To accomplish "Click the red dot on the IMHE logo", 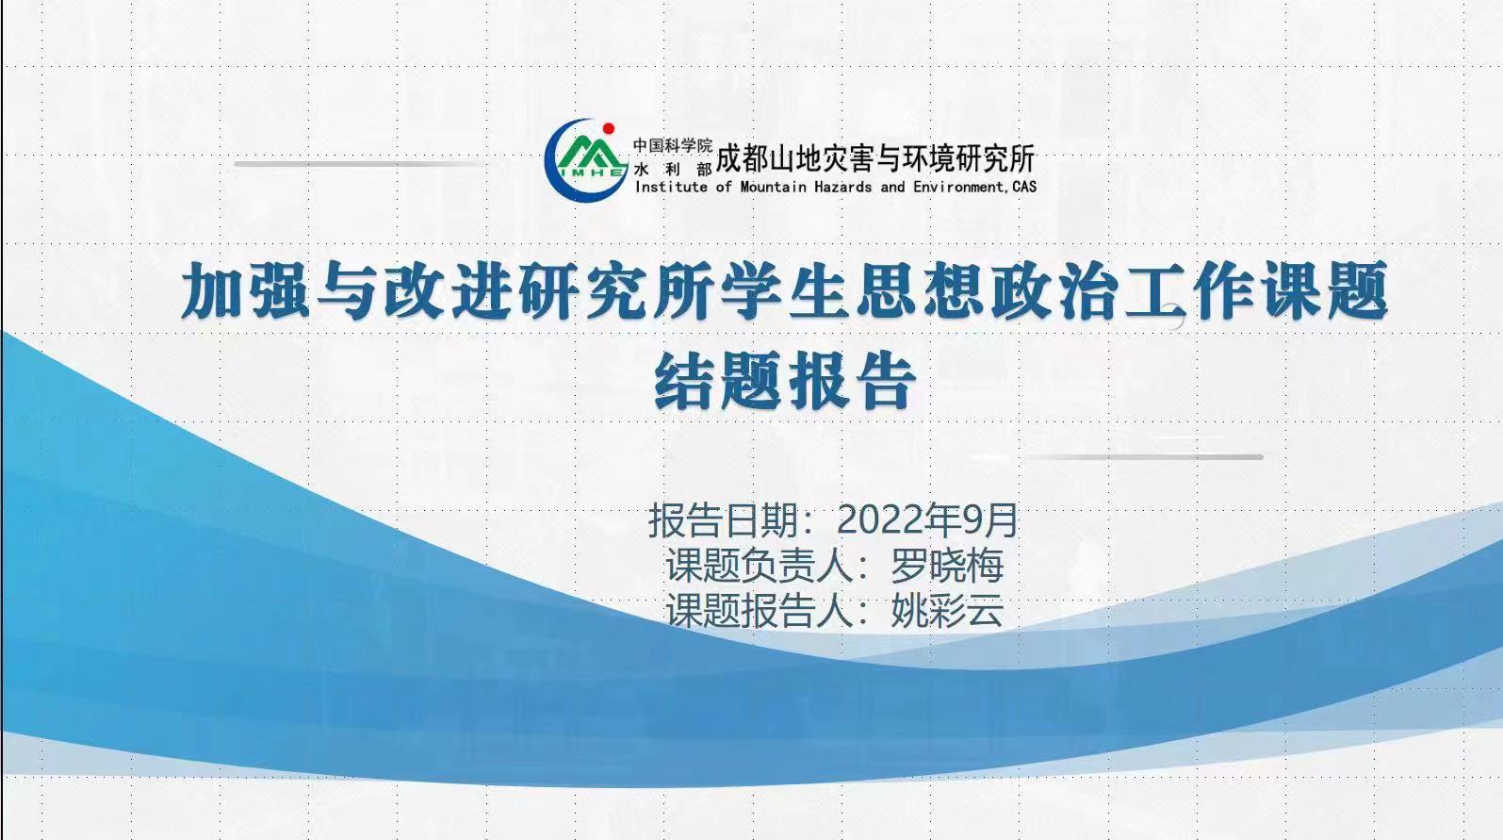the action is [x=609, y=128].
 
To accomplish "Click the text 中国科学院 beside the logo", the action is [x=672, y=145].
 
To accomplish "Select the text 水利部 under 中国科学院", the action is [x=672, y=169].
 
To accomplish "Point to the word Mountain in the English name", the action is [x=773, y=187].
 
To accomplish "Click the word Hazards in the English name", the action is [x=842, y=187].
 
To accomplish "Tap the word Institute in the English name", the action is [x=671, y=187].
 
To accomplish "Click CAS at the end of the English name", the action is [x=1024, y=187].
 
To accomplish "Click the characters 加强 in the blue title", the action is [x=246, y=290].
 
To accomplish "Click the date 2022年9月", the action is [x=927, y=519].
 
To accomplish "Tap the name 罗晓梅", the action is [x=947, y=565].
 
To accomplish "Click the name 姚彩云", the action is [x=947, y=610].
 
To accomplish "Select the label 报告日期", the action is [x=723, y=519].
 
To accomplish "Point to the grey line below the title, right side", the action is [x=1140, y=457].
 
